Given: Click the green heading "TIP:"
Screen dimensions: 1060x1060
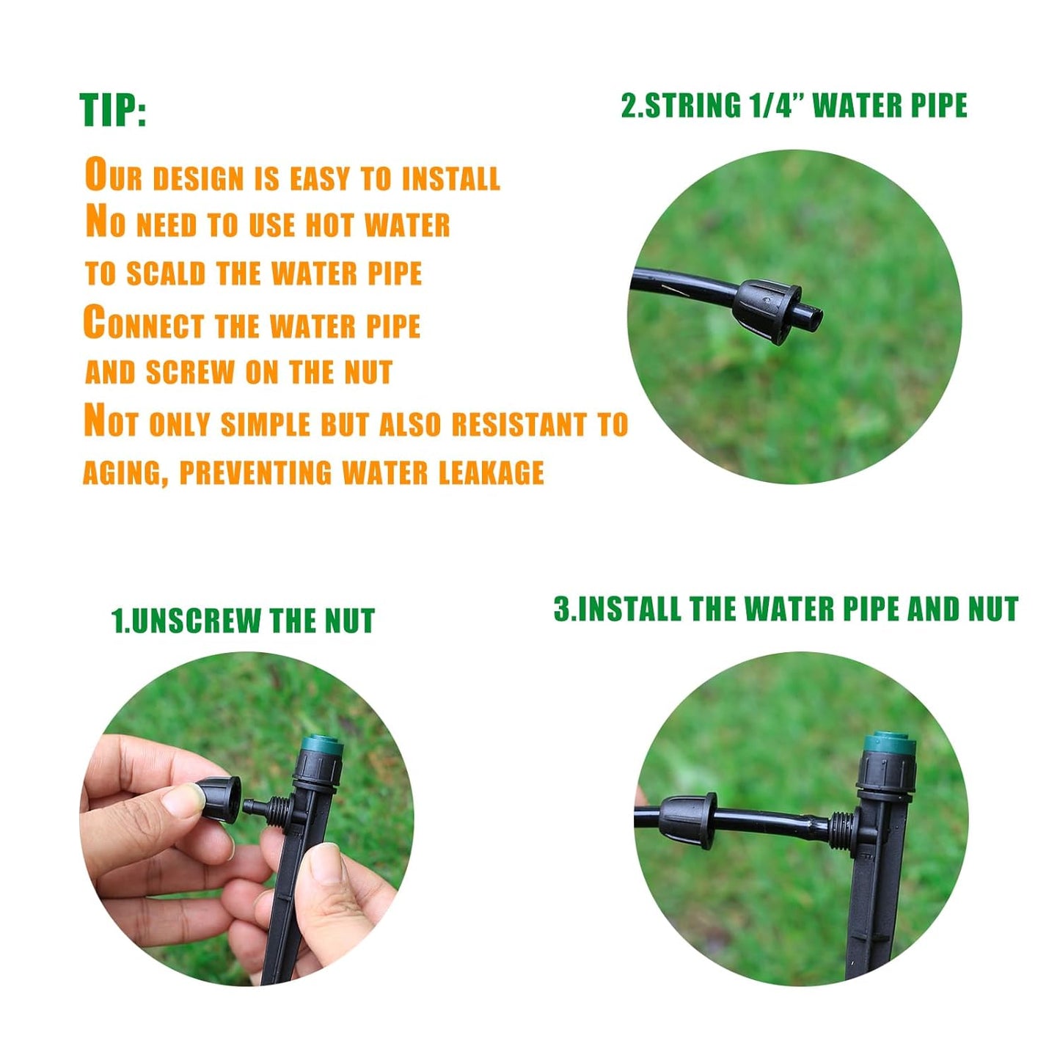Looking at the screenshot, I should coord(113,110).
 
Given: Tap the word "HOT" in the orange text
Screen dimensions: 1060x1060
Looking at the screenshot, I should coord(330,225).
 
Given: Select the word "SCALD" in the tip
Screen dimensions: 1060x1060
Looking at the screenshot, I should coord(166,274).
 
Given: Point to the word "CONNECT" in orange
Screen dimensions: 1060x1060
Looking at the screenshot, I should coord(144,324).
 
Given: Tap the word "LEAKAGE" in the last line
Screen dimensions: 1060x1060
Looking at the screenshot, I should coord(491,472).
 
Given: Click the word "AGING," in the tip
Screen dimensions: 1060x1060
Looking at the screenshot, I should coord(125,473).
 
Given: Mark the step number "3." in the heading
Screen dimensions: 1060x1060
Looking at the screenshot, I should coord(563,609).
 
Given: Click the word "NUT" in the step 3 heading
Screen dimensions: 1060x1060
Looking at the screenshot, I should coord(993,609).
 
